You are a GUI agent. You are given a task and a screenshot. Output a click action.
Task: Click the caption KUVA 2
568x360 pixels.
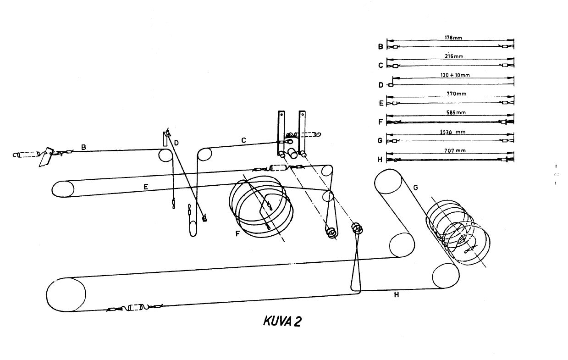[x=282, y=321]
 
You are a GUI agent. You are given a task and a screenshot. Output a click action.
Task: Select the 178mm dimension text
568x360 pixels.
[x=453, y=38]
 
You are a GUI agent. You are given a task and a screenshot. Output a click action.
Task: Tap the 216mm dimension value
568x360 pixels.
[x=454, y=56]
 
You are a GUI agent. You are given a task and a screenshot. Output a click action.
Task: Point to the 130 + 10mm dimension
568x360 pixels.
[x=455, y=75]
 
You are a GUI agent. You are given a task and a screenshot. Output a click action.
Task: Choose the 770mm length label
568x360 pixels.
[x=457, y=94]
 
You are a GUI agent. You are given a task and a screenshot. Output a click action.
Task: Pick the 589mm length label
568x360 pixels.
[x=456, y=112]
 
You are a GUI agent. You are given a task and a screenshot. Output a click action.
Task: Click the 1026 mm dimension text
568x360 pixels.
[x=452, y=132]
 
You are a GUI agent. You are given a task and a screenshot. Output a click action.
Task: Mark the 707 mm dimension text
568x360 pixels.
[x=455, y=151]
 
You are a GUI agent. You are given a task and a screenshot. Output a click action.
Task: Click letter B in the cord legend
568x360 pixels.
[x=381, y=47]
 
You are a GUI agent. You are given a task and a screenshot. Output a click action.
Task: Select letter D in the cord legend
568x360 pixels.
[x=381, y=85]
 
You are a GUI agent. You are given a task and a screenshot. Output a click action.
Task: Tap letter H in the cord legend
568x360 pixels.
[x=380, y=159]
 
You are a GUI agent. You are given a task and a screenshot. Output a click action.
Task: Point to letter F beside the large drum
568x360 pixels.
[x=237, y=234]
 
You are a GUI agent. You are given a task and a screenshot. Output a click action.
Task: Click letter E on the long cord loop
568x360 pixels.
[x=146, y=187]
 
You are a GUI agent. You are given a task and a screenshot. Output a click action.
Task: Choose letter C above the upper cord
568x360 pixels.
[x=244, y=140]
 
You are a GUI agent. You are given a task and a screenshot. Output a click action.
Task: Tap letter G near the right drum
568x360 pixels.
[x=415, y=188]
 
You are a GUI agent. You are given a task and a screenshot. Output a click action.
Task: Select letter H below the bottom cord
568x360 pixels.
[x=397, y=294]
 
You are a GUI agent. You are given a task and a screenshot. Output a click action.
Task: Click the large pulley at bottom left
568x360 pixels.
[x=66, y=294]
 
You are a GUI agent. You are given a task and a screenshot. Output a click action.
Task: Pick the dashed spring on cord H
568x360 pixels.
[x=135, y=307]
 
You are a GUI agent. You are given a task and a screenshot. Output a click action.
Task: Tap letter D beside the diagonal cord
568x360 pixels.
[x=176, y=143]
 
